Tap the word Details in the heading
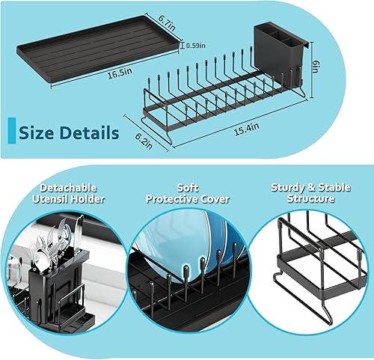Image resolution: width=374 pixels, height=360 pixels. [x=88, y=133]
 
